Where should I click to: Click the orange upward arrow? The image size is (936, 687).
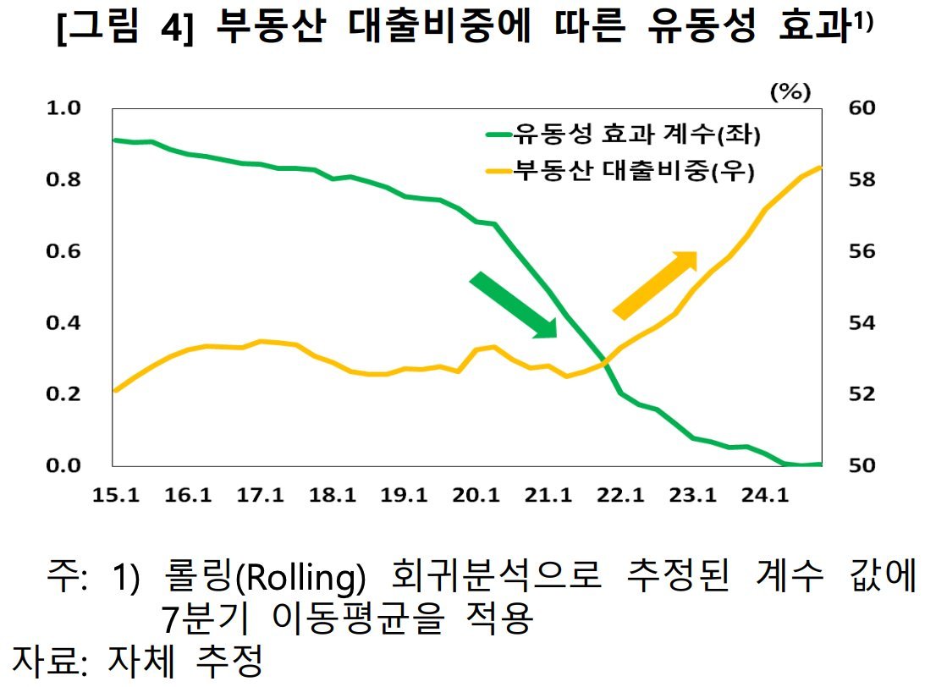[x=654, y=285]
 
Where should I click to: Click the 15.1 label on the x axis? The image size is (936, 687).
[x=115, y=495]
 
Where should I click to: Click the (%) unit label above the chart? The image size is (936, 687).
[x=790, y=92]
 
